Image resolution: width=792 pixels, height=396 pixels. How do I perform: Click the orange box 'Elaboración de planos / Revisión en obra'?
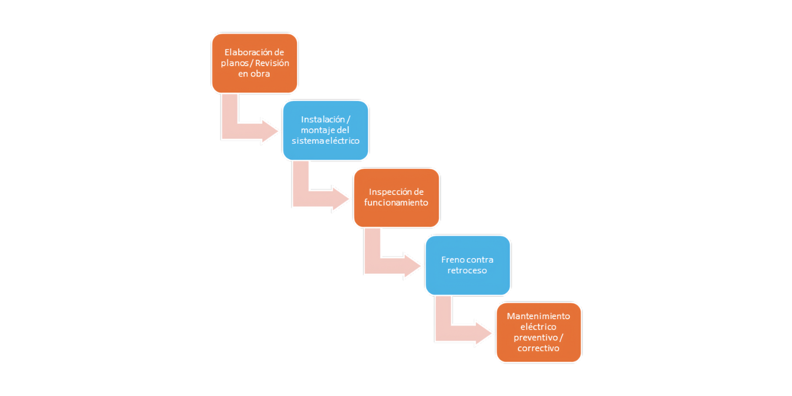tap(255, 63)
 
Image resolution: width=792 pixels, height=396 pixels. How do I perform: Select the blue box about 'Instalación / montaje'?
tap(326, 130)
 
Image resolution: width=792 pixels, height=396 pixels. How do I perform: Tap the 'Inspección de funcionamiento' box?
tap(397, 198)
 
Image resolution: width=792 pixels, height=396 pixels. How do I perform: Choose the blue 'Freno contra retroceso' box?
tap(468, 265)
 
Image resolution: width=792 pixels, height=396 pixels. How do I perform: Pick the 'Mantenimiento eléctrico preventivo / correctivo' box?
tap(539, 333)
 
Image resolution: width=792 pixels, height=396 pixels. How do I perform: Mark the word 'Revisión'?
tap(272, 63)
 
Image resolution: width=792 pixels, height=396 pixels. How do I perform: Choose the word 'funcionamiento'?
tap(396, 202)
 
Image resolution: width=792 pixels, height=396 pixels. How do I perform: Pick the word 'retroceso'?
tap(467, 270)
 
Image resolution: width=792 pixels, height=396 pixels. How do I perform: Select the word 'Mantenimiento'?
tap(539, 316)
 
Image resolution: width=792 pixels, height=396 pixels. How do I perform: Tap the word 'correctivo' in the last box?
tap(539, 348)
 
